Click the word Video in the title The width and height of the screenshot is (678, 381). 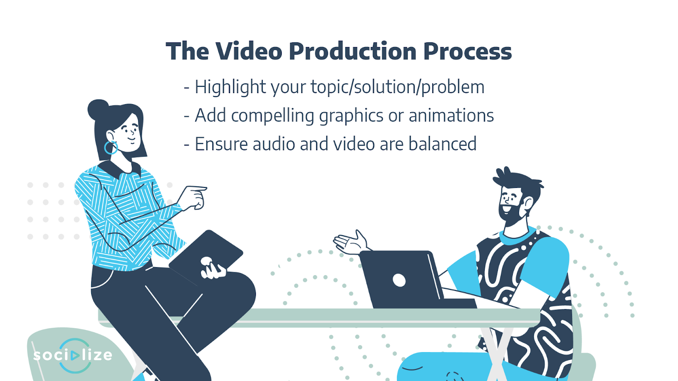pyautogui.click(x=249, y=51)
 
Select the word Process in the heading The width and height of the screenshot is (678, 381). pyautogui.click(x=467, y=51)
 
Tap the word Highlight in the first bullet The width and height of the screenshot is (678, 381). pyautogui.click(x=231, y=87)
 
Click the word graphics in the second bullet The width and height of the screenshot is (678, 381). pyautogui.click(x=351, y=116)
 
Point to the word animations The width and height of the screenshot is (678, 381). pyautogui.click(x=451, y=116)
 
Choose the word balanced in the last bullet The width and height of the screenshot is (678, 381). pyautogui.click(x=442, y=144)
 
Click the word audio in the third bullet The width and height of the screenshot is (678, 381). pyautogui.click(x=274, y=144)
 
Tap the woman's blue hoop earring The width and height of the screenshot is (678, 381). pyautogui.click(x=111, y=148)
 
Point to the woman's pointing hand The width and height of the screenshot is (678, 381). pyautogui.click(x=193, y=197)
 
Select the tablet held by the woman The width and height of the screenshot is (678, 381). pyautogui.click(x=206, y=257)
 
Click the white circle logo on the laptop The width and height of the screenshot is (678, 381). pyautogui.click(x=399, y=280)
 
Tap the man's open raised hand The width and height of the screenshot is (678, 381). pyautogui.click(x=351, y=243)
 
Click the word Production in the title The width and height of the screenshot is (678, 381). pyautogui.click(x=353, y=51)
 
